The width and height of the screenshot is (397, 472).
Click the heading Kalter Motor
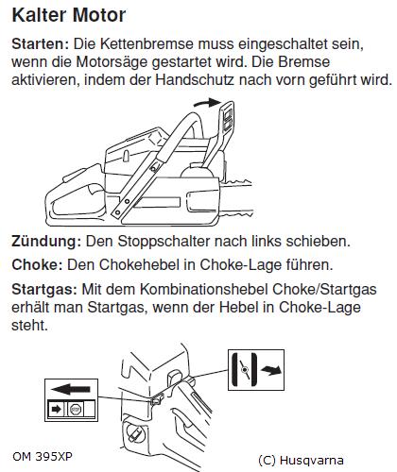69,15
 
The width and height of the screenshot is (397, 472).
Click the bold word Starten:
41,43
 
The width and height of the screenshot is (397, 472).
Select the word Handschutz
195,79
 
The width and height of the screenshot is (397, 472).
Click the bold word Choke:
38,264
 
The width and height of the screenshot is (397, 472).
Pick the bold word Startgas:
44,289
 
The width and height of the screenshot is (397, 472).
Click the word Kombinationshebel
204,289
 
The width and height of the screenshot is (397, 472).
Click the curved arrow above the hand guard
206,103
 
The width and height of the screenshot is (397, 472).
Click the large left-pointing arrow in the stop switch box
71,390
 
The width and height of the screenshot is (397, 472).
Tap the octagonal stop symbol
76,410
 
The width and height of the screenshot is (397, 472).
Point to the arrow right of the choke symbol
271,370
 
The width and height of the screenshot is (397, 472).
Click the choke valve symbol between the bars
245,370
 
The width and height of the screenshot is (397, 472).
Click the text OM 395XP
43,457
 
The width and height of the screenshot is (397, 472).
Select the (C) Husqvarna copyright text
301,461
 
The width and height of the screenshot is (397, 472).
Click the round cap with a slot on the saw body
135,433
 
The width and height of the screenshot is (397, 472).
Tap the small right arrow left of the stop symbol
56,410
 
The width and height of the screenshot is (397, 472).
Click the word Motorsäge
112,61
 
